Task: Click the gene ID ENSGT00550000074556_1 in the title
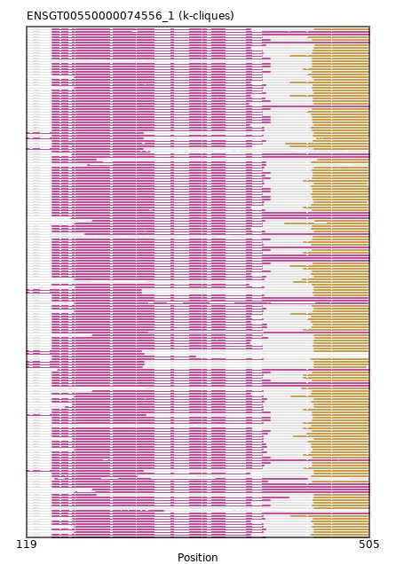[x=100, y=16]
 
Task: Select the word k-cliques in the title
[x=205, y=16]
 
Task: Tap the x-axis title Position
[x=198, y=557]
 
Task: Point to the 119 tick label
[x=27, y=544]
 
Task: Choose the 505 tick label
[x=369, y=544]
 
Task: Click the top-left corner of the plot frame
[x=27, y=27]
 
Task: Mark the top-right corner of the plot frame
[x=369, y=27]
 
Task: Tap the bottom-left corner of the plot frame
[x=27, y=537]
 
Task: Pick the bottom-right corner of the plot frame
[x=369, y=537]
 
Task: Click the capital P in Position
[x=181, y=557]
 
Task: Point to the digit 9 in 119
[x=33, y=544]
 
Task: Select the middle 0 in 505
[x=369, y=544]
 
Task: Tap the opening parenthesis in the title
[x=180, y=16]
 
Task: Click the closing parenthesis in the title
[x=233, y=16]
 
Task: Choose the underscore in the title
[x=165, y=21]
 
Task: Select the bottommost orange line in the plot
[x=341, y=534]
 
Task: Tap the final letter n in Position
[x=215, y=558]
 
